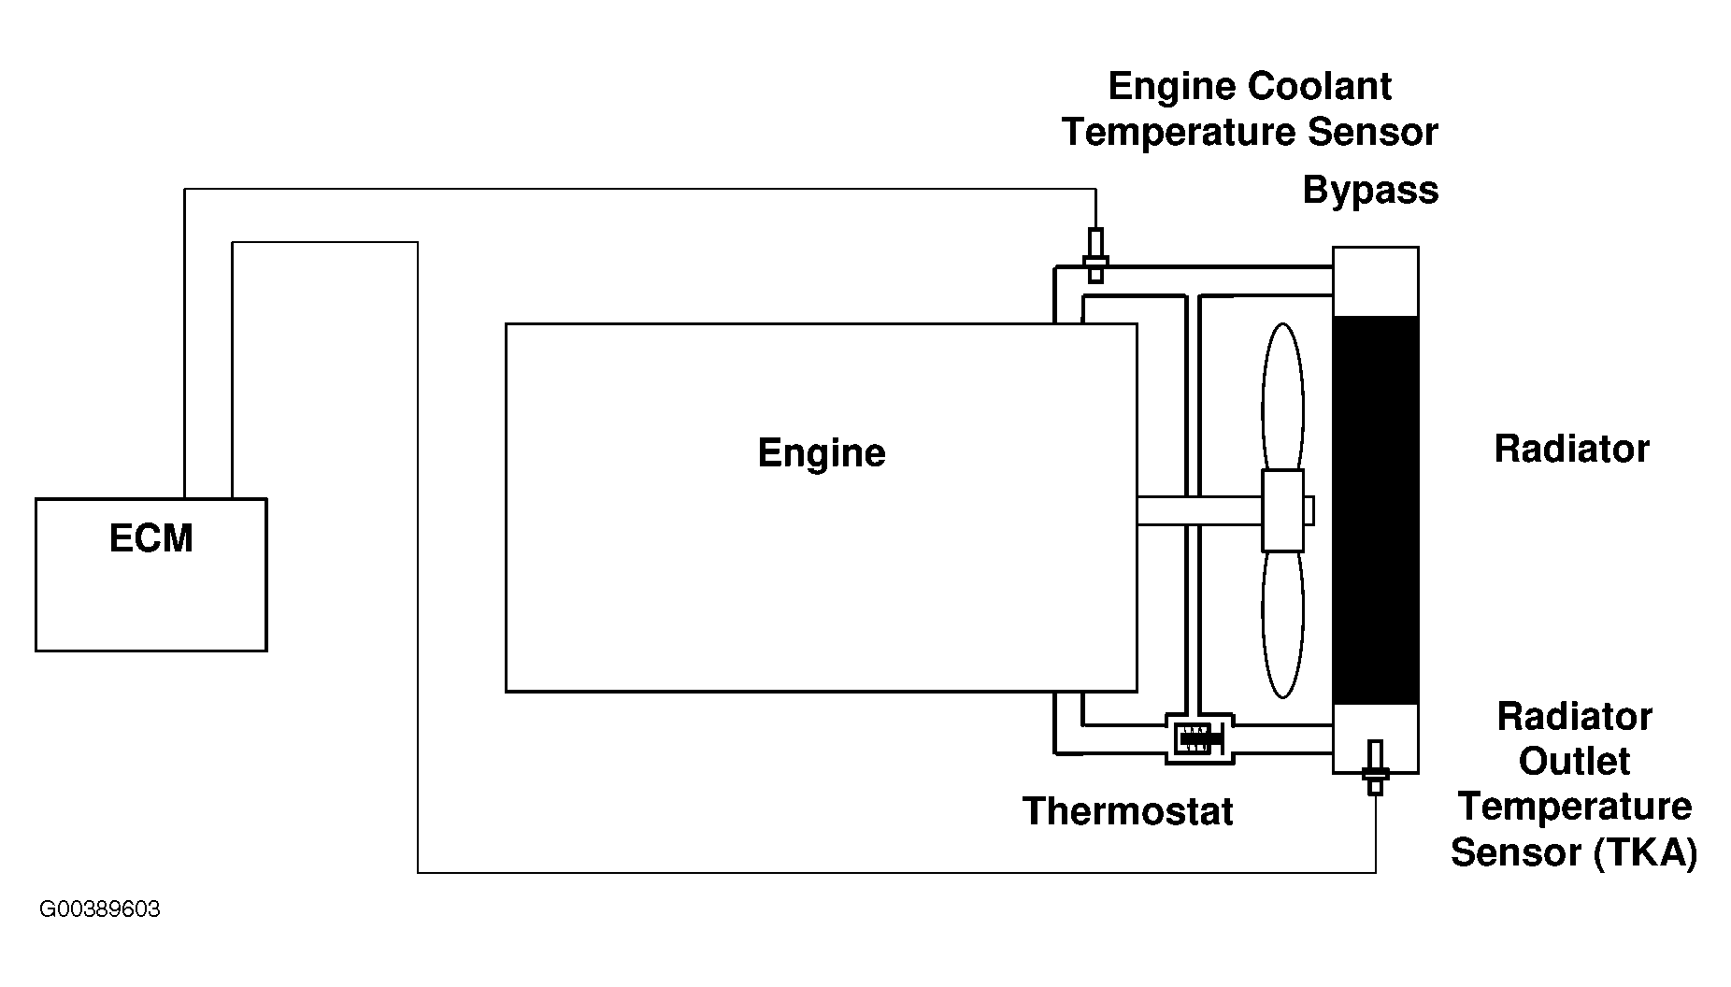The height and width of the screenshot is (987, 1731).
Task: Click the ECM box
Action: [x=151, y=574]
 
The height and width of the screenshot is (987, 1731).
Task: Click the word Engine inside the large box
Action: [x=822, y=453]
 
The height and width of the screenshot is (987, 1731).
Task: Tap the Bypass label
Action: [x=1370, y=191]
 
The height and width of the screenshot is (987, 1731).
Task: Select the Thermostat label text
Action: [x=1127, y=811]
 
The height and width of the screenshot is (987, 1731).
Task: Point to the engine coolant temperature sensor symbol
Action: [x=1095, y=255]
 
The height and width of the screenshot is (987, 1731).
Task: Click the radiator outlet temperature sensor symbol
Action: [x=1375, y=767]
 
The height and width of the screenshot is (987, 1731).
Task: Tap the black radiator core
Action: [x=1375, y=509]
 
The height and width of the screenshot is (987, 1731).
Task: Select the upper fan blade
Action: [x=1282, y=397]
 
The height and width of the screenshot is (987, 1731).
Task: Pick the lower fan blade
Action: [x=1282, y=624]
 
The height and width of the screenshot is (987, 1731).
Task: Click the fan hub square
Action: [x=1282, y=510]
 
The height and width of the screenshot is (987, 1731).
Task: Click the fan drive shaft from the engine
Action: [x=1199, y=510]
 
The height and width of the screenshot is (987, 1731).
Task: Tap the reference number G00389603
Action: [x=100, y=909]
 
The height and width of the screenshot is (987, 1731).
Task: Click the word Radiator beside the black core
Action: [x=1572, y=450]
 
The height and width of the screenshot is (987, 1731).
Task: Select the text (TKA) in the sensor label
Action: [x=1646, y=852]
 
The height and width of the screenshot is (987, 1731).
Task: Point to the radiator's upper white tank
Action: [x=1375, y=281]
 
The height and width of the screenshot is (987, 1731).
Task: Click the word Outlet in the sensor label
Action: [x=1574, y=762]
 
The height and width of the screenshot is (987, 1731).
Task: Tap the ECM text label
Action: [x=151, y=539]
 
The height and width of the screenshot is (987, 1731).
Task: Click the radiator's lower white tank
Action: [x=1375, y=738]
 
